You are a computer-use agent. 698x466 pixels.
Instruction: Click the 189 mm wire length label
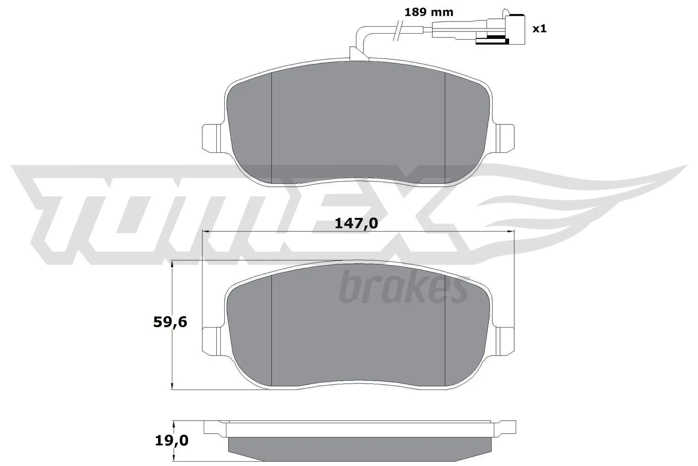(428, 12)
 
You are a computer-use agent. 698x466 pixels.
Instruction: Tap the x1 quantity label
(539, 29)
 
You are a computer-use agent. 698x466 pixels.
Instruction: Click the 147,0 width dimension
(356, 223)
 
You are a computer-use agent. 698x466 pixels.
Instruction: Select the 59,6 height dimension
(170, 322)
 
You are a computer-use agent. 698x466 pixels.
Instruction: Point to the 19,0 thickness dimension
(171, 441)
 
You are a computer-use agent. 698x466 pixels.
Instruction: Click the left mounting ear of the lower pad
(212, 339)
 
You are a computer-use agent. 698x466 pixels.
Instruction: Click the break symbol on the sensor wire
(397, 31)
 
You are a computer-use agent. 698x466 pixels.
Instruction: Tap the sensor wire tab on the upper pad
(358, 54)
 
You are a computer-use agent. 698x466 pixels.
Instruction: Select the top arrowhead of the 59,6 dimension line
(173, 265)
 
